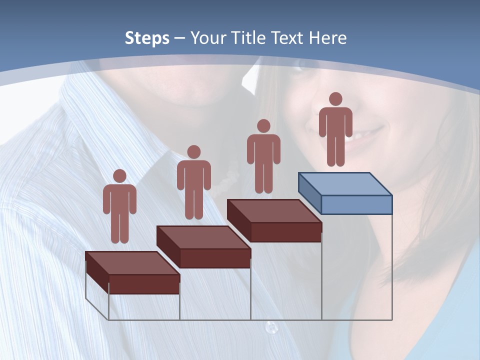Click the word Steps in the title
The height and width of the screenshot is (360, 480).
click(x=146, y=38)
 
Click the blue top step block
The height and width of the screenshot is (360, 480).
click(x=345, y=192)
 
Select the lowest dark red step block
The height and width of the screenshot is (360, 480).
click(x=132, y=272)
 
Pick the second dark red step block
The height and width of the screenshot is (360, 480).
click(x=203, y=246)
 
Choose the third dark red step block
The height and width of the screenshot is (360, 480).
click(x=274, y=220)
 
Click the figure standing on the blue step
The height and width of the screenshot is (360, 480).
click(x=335, y=130)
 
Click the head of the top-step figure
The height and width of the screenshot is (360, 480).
click(x=335, y=99)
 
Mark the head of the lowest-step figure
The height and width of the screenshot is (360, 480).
click(x=119, y=175)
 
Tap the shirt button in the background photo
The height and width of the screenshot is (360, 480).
click(x=271, y=327)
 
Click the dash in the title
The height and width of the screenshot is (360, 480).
click(x=180, y=38)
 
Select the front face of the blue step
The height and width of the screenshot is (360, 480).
click(x=356, y=204)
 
